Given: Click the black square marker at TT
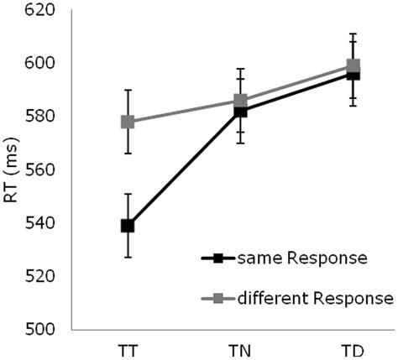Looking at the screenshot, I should pyautogui.click(x=128, y=226).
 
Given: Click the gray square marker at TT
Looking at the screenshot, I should pyautogui.click(x=128, y=122).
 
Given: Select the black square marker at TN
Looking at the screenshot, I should pyautogui.click(x=240, y=111).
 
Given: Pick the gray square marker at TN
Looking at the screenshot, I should pyautogui.click(x=240, y=101).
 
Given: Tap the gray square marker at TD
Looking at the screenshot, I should pyautogui.click(x=353, y=65).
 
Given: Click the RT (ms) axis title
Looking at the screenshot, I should pyautogui.click(x=11, y=169).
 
